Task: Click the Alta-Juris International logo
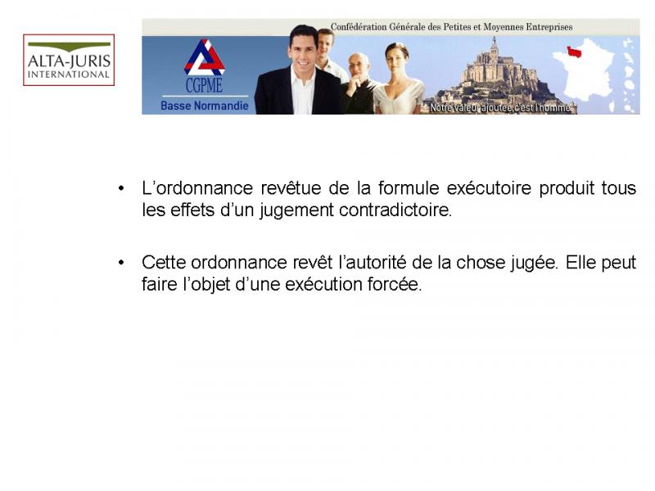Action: coord(69,60)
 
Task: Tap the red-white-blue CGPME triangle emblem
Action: coord(204,57)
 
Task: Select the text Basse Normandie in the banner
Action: coord(204,106)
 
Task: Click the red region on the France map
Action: coord(574,52)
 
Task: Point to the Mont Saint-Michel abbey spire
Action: coord(495,43)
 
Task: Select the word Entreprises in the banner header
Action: coord(549,27)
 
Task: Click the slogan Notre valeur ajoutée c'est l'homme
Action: coord(500,108)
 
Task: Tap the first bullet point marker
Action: coord(121,188)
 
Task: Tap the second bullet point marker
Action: coord(121,263)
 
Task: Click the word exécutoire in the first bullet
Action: coord(489,188)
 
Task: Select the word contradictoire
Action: coord(395,209)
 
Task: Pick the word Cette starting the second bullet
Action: coord(164,263)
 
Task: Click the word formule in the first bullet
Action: coord(409,188)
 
